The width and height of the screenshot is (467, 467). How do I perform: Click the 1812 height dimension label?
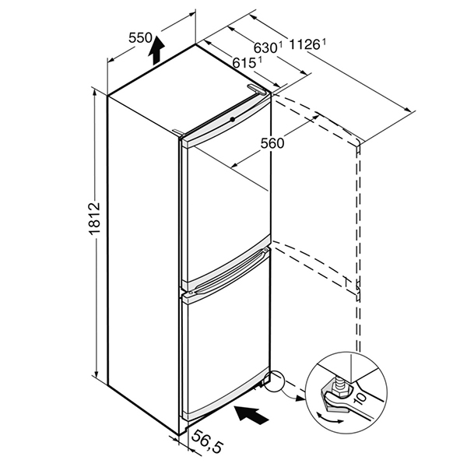[95, 219]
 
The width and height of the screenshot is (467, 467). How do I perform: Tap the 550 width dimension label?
[140, 38]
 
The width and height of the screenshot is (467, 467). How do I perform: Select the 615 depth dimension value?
[244, 63]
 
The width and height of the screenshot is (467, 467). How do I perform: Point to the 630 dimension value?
[265, 47]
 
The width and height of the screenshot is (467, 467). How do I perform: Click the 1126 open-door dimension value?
[304, 45]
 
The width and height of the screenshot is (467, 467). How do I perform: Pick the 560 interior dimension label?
[272, 143]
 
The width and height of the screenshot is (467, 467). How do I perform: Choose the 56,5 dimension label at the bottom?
[206, 442]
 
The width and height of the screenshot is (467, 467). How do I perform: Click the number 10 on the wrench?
[360, 398]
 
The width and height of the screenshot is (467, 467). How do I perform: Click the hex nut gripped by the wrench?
[338, 392]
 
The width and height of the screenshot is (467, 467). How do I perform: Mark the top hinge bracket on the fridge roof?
[256, 89]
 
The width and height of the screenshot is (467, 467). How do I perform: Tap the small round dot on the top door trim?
[232, 119]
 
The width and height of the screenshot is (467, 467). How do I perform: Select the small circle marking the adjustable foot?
[275, 381]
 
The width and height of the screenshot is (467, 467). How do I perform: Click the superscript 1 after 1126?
[324, 43]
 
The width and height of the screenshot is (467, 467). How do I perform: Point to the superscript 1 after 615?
[260, 61]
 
